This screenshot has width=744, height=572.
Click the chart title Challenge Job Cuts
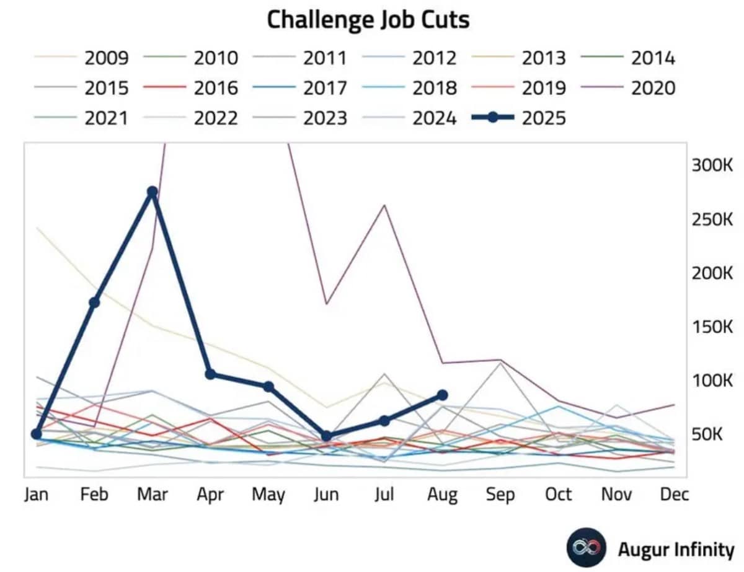point(368,20)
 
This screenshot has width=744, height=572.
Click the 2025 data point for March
point(152,191)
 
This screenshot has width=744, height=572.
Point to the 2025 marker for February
point(94,302)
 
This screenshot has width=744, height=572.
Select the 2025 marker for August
point(442,395)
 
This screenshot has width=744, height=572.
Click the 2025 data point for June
point(326,436)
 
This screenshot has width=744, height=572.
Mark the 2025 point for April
point(210,374)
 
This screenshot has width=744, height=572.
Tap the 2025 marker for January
point(37,434)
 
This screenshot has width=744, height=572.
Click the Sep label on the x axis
point(500,495)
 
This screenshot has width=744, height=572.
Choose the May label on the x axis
point(268,495)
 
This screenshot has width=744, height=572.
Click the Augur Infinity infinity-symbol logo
point(586,548)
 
